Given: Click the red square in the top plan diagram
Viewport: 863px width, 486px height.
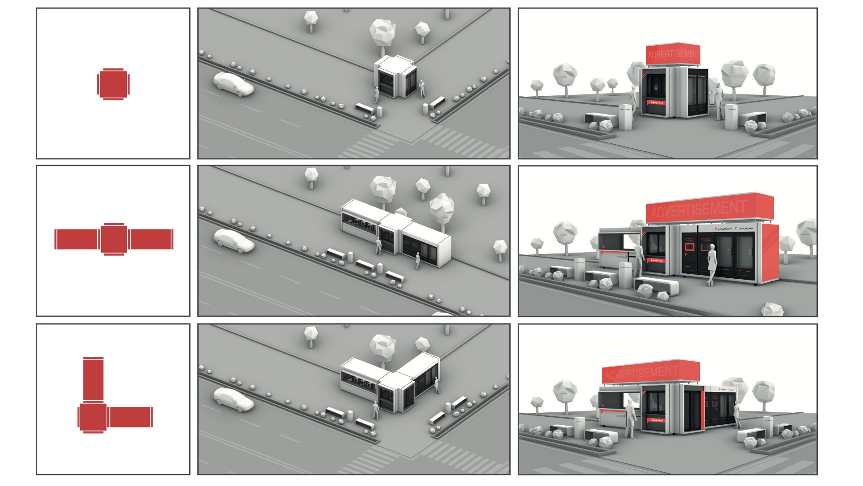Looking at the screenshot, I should point(113,84).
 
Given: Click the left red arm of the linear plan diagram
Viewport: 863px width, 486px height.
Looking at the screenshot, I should point(77,239).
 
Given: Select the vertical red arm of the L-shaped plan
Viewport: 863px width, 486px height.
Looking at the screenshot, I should point(93,379).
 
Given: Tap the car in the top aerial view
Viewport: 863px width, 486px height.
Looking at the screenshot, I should point(233,84).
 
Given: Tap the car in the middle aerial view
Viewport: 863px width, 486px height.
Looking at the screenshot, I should point(234,241).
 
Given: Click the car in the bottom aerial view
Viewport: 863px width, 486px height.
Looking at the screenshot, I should point(233,399).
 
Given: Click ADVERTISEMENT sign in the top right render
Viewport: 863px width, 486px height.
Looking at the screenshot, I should point(673,54).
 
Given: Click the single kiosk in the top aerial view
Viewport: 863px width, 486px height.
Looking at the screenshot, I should point(396,77).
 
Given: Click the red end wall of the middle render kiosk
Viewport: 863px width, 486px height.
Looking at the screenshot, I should point(770,253).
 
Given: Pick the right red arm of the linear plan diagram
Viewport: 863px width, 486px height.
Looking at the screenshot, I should point(151,239).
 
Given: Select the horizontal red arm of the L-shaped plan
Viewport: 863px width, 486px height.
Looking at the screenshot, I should point(130,417).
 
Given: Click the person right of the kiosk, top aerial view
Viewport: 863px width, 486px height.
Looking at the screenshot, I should point(422,89).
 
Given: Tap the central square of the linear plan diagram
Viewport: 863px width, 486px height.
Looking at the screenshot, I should point(114,239).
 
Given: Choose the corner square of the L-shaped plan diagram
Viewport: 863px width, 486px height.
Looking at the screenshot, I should point(93,417).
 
